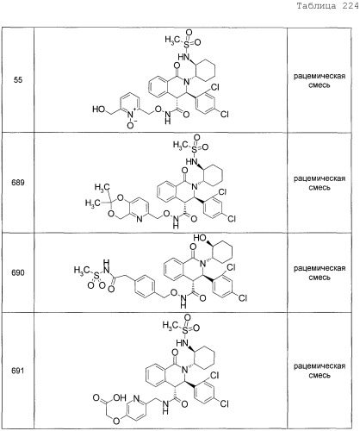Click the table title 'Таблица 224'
(x=328, y=6)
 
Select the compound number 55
(x=18, y=79)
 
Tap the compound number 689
(x=18, y=183)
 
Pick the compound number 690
(x=18, y=272)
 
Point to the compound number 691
(x=18, y=371)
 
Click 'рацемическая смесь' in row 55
(x=320, y=81)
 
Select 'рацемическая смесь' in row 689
(x=320, y=183)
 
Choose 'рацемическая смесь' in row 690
(x=320, y=273)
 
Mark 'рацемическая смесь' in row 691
(x=320, y=371)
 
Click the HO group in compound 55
(x=98, y=109)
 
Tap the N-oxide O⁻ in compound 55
(x=131, y=125)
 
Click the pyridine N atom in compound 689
(x=140, y=219)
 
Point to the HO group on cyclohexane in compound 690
(x=200, y=238)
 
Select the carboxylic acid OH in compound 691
(x=120, y=397)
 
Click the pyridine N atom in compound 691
(x=136, y=398)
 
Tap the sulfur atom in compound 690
(x=97, y=276)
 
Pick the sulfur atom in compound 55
(x=187, y=45)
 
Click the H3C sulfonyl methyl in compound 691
(x=169, y=326)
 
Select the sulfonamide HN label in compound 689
(x=192, y=161)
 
